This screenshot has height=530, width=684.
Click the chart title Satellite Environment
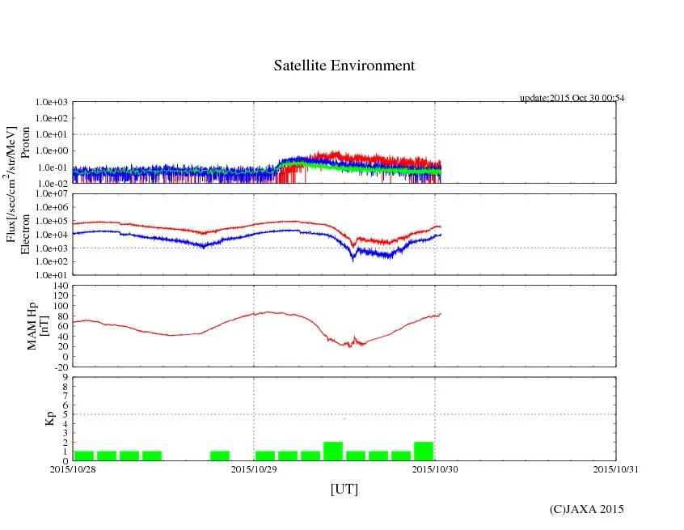coord(344,66)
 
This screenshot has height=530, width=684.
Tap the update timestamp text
coord(572,98)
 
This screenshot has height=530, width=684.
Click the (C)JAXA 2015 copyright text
coord(586,509)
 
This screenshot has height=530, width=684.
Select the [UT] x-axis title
coord(344,490)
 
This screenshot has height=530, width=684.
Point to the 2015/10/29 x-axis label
coord(254,469)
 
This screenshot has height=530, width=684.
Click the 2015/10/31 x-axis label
coord(615,469)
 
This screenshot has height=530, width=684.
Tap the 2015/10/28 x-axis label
coord(73,469)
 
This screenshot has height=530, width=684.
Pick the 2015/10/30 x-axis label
coord(435,469)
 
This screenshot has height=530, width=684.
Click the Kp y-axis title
coord(50,419)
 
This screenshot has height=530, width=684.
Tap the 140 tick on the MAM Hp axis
coord(60,286)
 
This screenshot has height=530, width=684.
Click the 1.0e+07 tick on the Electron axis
coord(51,195)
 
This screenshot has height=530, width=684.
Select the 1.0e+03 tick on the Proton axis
coord(51,103)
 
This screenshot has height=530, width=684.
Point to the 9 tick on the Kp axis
coord(65,377)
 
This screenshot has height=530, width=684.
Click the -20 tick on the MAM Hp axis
coord(60,367)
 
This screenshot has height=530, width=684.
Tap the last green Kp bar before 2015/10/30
coord(424,452)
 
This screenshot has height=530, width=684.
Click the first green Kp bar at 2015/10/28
coord(84,456)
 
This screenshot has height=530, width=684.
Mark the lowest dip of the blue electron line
coord(353,260)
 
